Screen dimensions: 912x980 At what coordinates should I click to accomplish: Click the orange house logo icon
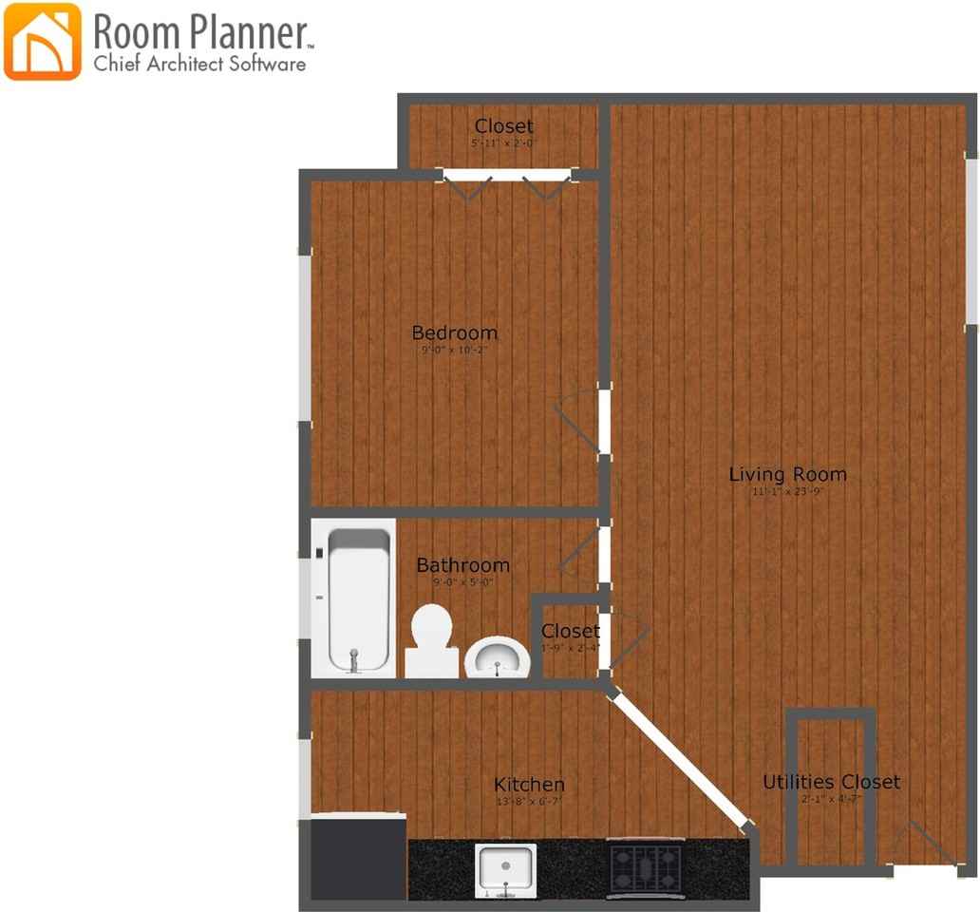[x=43, y=42]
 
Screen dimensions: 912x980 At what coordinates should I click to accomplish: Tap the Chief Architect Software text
[x=199, y=65]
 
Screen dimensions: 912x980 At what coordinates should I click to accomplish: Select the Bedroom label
[x=454, y=332]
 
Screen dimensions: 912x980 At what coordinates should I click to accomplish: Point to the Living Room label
[x=787, y=474]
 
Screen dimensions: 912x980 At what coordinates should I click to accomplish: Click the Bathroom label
[x=462, y=565]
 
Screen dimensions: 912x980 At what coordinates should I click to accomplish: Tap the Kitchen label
[x=529, y=785]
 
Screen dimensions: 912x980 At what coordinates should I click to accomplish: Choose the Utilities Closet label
[x=831, y=782]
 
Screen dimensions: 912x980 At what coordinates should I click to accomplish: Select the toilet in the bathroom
[x=431, y=640]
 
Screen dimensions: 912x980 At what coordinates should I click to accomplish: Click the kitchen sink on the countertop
[x=506, y=868]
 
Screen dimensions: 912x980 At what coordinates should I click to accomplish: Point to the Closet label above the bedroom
[x=503, y=126]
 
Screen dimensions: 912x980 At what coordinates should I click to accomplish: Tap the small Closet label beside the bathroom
[x=570, y=631]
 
